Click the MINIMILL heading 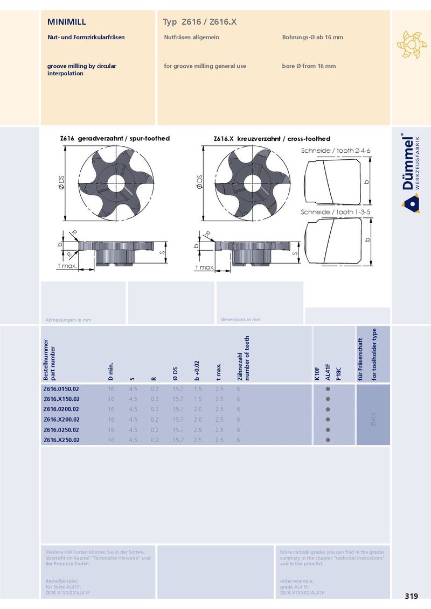[66, 22]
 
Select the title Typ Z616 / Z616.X [199, 22]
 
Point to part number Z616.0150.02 [61, 389]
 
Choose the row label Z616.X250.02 [61, 440]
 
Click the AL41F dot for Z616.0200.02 [328, 409]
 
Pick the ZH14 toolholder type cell [373, 419]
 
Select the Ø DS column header [175, 373]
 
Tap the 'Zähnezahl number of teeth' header [243, 358]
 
